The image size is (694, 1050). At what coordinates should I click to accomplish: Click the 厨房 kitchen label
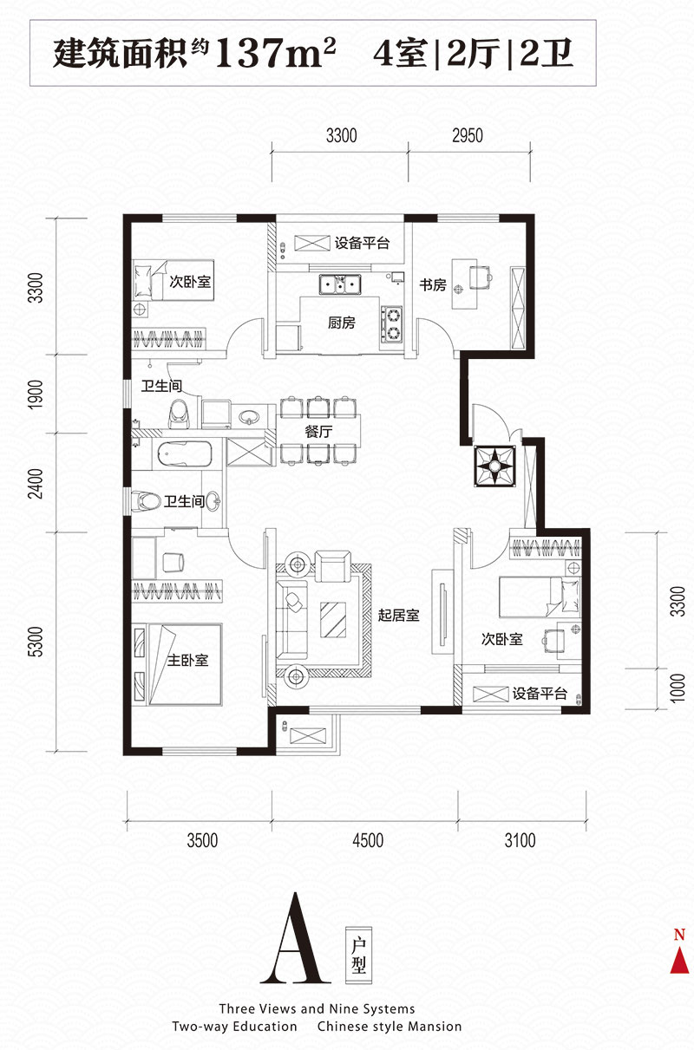[x=342, y=323]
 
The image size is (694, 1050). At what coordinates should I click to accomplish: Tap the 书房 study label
[x=433, y=284]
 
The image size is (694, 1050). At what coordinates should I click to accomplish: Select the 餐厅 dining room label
[x=319, y=431]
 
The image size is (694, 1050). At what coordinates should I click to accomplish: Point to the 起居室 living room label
[x=398, y=615]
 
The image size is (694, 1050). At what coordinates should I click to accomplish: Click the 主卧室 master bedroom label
[x=187, y=661]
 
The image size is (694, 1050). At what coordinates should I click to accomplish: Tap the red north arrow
[x=679, y=960]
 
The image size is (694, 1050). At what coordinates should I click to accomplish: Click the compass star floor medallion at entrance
[x=494, y=466]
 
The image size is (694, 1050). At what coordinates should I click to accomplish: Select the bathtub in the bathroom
[x=184, y=453]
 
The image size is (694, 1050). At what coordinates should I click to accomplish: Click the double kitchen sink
[x=340, y=284]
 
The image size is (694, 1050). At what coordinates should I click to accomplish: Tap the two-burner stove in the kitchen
[x=391, y=323]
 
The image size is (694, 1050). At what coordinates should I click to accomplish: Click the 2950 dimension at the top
[x=468, y=135]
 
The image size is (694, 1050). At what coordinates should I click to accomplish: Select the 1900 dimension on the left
[x=36, y=395]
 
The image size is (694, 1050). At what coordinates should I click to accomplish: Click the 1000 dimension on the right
[x=678, y=688]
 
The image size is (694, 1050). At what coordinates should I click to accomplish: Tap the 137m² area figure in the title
[x=275, y=53]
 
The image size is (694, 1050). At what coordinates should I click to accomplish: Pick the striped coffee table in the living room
[x=333, y=620]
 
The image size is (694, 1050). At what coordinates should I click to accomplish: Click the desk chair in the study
[x=481, y=277]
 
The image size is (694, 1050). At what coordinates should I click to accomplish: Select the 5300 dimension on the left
[x=36, y=642]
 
